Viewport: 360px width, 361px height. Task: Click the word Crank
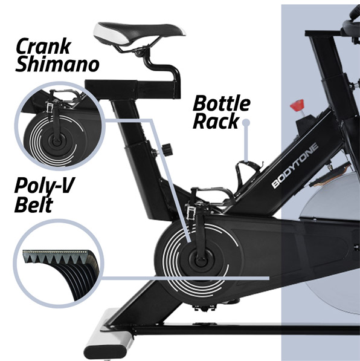pos(43,47)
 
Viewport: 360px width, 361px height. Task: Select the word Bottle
pos(222,103)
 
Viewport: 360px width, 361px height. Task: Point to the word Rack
pos(216,121)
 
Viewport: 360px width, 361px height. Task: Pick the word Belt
pos(34,204)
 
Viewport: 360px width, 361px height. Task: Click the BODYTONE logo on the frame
pos(295,165)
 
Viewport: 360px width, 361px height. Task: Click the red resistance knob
pos(297,105)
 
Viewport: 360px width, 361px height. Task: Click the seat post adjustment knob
pos(166,149)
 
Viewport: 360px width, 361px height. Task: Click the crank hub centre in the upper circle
pos(56,141)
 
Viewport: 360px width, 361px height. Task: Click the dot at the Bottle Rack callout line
pos(246,122)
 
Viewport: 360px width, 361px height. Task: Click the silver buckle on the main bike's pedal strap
pos(191,212)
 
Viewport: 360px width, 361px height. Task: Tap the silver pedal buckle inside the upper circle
pos(49,106)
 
